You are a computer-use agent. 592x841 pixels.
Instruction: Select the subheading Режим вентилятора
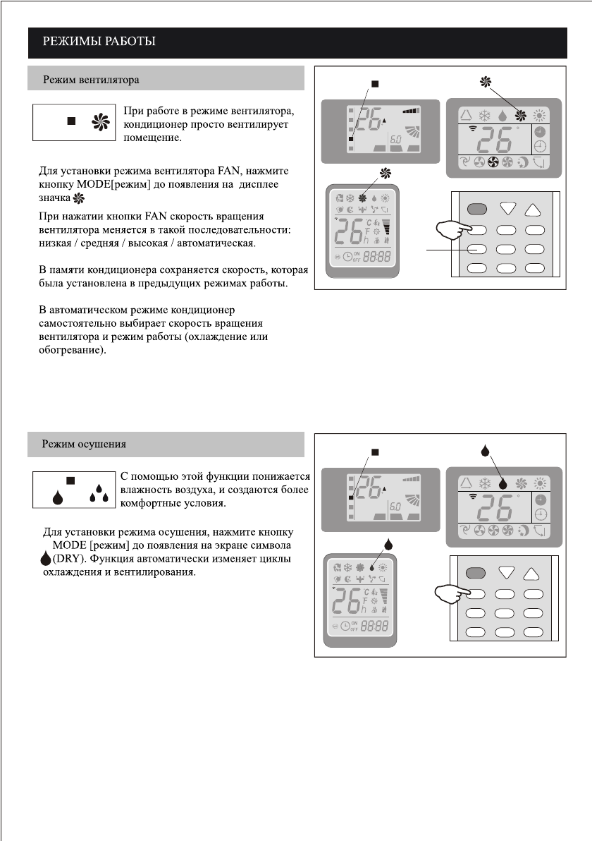[x=91, y=79]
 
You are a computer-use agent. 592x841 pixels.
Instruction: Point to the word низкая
[x=57, y=243]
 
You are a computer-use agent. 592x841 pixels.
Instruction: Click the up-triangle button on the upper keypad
[x=536, y=209]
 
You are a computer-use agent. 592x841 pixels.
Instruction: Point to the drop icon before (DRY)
[x=46, y=559]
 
